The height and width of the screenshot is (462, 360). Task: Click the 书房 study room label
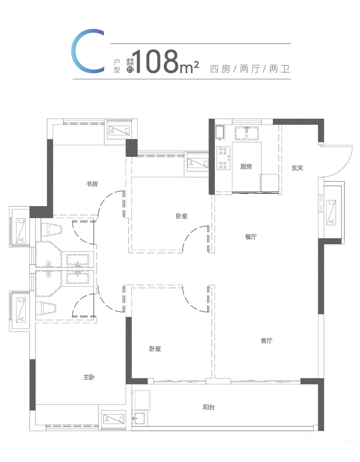[x=92, y=184]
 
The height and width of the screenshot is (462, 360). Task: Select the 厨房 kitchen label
[x=246, y=167]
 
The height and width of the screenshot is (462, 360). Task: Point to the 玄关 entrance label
[x=297, y=168]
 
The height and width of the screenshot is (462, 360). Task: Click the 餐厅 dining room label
[x=251, y=237]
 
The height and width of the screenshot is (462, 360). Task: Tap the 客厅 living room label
[x=267, y=341]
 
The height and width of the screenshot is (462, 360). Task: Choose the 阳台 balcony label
[x=209, y=407]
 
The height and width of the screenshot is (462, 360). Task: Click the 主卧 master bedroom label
[x=89, y=377]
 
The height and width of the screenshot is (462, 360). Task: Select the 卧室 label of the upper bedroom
[x=182, y=216]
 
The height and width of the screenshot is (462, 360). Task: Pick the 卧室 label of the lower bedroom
[x=155, y=349]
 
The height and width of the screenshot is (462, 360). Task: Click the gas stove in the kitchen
[x=224, y=159]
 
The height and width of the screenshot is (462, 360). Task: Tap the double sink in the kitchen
[x=247, y=133]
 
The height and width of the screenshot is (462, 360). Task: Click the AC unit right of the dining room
[x=332, y=212]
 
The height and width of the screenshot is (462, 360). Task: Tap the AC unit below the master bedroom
[x=114, y=419]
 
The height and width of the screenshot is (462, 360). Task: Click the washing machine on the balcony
[x=142, y=400]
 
